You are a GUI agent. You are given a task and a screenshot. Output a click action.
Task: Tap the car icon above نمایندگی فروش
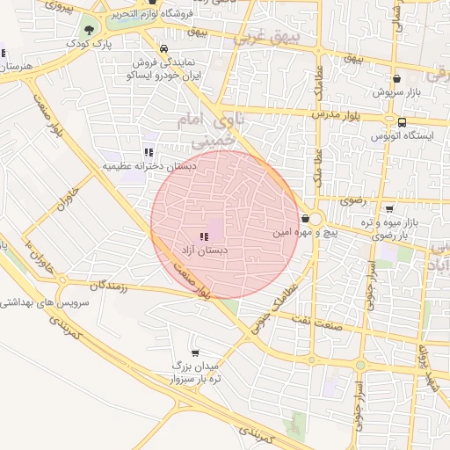pyautogui.click(x=163, y=49)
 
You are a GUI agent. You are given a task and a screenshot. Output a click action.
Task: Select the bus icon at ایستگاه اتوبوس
pyautogui.click(x=402, y=123)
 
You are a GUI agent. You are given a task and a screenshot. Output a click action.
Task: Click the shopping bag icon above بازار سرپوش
pyautogui.click(x=397, y=79)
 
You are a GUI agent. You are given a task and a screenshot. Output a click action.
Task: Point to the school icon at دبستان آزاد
pyautogui.click(x=204, y=236)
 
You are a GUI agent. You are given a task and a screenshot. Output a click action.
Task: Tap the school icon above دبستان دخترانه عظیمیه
pyautogui.click(x=147, y=151)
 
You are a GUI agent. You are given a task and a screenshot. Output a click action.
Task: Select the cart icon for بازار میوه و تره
pyautogui.click(x=389, y=207)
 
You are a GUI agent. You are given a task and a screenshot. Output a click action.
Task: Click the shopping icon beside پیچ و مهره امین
pyautogui.click(x=305, y=218)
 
